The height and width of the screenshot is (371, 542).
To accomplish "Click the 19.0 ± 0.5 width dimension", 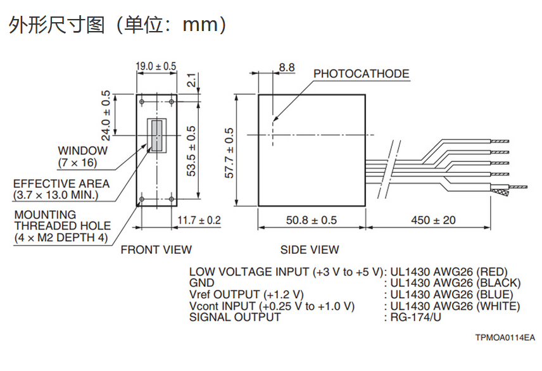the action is tap(156, 66).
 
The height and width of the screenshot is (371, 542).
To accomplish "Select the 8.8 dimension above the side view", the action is tap(287, 67).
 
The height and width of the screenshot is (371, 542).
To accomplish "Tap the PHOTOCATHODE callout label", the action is tap(361, 73).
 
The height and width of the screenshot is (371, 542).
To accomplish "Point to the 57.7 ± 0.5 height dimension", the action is tap(229, 153).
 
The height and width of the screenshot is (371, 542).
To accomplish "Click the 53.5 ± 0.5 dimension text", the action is tap(191, 151).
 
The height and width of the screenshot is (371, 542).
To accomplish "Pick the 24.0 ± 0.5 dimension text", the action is tap(106, 115).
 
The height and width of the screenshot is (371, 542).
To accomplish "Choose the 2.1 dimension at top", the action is tap(191, 80).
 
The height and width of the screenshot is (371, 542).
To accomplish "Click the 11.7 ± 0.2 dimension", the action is tap(199, 220).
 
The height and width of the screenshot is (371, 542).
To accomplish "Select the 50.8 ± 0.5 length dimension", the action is tap(312, 220).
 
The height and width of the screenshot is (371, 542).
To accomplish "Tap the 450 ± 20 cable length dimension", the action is tap(434, 220).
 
